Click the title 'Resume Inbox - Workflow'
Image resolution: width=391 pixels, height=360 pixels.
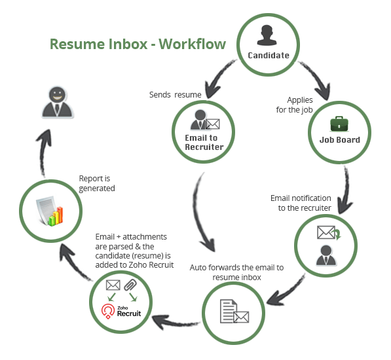point(138,45)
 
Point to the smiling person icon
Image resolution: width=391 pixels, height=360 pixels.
point(54,101)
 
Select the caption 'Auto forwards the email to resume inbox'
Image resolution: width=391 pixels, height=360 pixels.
point(236,272)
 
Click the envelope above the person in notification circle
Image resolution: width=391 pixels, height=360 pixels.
point(326,232)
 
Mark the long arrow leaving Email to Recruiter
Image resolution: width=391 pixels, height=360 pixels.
point(203,209)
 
